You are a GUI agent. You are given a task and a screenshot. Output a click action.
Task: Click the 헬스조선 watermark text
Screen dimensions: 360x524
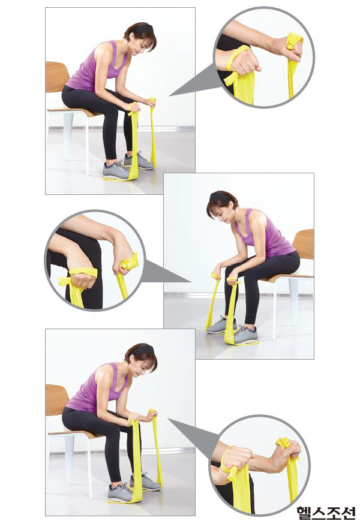pyautogui.click(x=326, y=512)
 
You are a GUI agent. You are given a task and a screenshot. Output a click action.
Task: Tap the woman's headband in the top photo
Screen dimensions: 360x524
pyautogui.click(x=142, y=29)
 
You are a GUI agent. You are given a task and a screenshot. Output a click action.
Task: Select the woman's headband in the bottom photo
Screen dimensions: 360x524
pyautogui.click(x=143, y=351)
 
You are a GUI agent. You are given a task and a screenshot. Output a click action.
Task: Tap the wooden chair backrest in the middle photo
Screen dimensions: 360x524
pyautogui.click(x=304, y=244)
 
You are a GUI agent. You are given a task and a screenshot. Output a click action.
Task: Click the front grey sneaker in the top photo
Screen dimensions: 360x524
pyautogui.click(x=116, y=171)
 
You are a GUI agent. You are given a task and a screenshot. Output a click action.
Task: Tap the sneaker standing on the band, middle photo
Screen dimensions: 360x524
pyautogui.click(x=245, y=335)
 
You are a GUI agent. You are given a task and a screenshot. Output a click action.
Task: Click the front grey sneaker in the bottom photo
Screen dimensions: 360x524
pyautogui.click(x=121, y=493)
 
